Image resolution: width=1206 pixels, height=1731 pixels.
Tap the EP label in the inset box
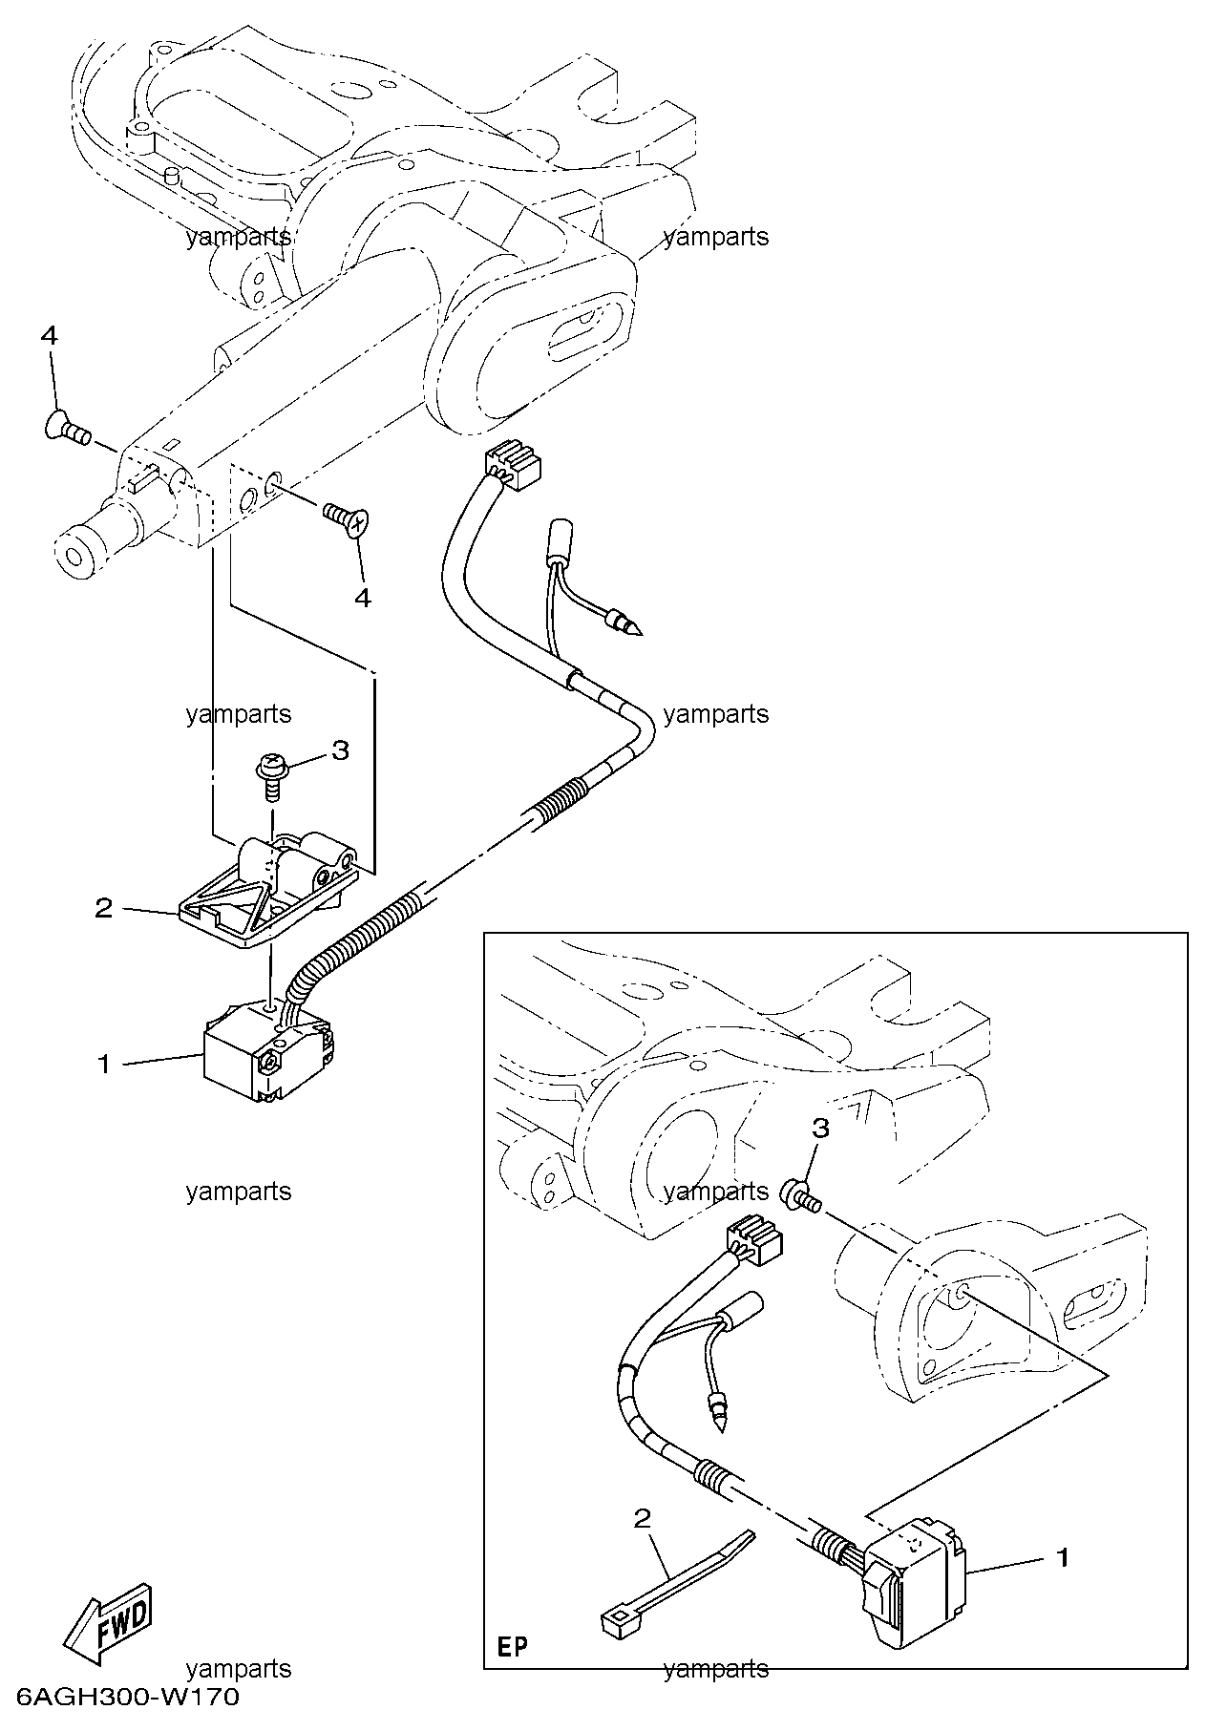[x=513, y=1647]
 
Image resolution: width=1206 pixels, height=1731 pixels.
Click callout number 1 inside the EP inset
[x=1061, y=1557]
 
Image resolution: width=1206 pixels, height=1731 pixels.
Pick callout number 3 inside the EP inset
[x=820, y=1128]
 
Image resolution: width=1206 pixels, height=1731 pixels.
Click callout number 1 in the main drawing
[x=105, y=1064]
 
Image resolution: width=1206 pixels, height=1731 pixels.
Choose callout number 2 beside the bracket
[x=104, y=908]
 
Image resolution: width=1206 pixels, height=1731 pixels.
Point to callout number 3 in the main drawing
[x=341, y=749]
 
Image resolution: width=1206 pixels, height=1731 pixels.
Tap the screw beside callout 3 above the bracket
[x=269, y=774]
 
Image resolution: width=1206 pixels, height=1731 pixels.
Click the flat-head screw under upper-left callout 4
[x=67, y=430]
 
